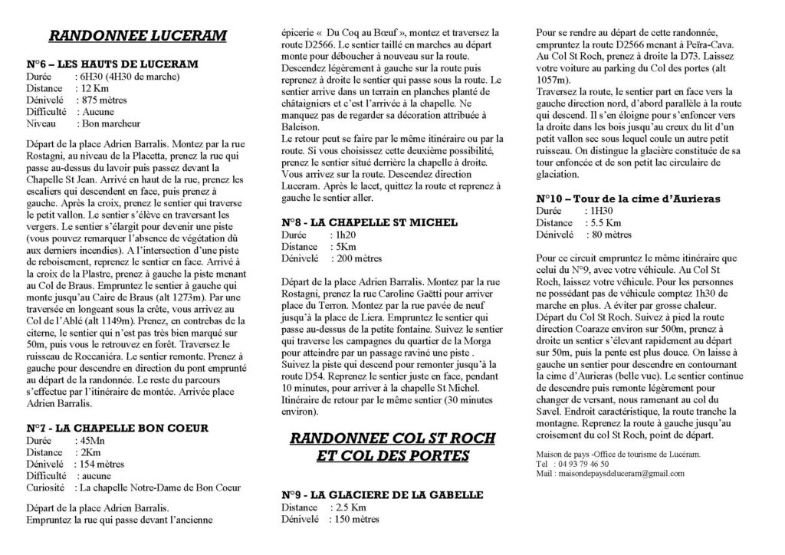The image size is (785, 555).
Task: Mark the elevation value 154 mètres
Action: (x=100, y=465)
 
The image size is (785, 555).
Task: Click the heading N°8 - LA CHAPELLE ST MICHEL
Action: (x=370, y=222)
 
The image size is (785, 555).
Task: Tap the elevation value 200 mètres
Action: (x=357, y=258)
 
